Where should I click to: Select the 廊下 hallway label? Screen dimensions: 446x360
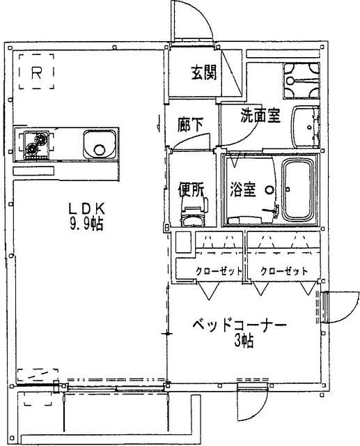191,125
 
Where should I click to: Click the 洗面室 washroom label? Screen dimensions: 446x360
260,116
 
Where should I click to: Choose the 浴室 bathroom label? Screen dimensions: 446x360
244,189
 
